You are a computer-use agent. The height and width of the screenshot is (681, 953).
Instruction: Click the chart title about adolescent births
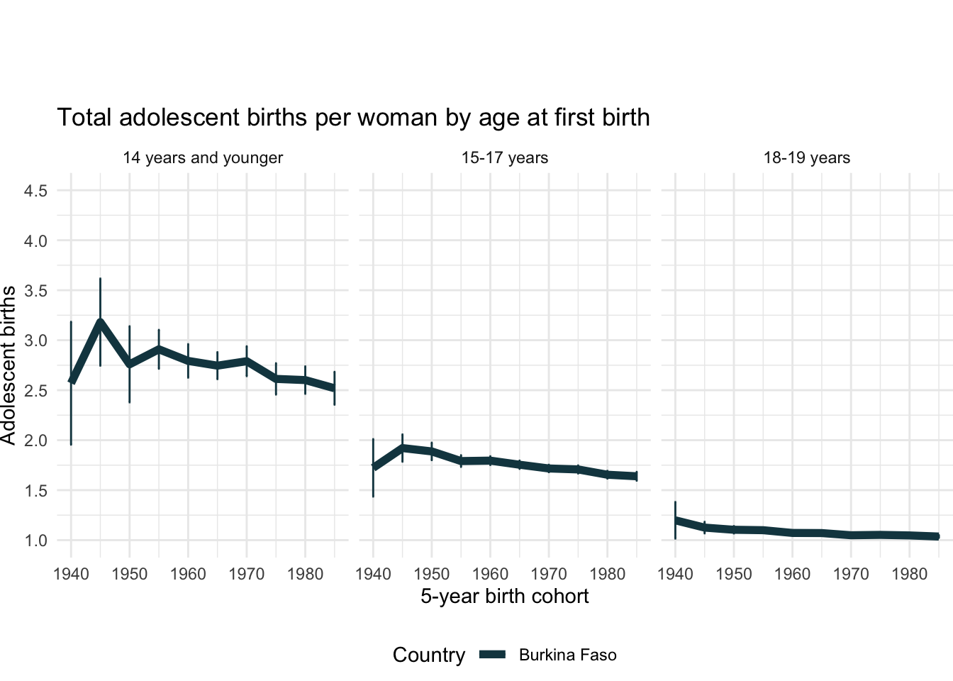pyautogui.click(x=353, y=117)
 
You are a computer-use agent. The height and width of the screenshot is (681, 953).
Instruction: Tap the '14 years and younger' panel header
pyautogui.click(x=203, y=157)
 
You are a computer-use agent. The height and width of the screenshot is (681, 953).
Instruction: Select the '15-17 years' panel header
pyautogui.click(x=505, y=157)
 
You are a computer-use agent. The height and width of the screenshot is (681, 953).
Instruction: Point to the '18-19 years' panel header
pyautogui.click(x=807, y=157)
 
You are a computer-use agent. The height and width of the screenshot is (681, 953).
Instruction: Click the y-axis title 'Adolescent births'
pyautogui.click(x=9, y=365)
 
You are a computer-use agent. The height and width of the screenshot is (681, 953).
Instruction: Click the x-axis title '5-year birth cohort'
pyautogui.click(x=505, y=596)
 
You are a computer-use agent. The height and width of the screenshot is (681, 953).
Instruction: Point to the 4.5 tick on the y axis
pyautogui.click(x=35, y=191)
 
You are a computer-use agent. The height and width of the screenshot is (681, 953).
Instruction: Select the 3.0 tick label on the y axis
pyautogui.click(x=35, y=340)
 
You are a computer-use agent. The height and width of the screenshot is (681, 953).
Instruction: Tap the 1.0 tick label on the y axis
pyautogui.click(x=35, y=541)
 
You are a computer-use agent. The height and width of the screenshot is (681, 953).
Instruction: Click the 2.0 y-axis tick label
pyautogui.click(x=35, y=441)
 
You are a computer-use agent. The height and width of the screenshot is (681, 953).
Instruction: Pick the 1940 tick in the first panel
pyautogui.click(x=71, y=573)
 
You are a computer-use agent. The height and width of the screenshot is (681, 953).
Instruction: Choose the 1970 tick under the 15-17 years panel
pyautogui.click(x=549, y=573)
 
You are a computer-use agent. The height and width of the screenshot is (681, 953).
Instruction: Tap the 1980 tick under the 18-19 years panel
pyautogui.click(x=909, y=573)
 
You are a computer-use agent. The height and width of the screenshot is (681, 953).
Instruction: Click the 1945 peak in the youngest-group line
pyautogui.click(x=100, y=323)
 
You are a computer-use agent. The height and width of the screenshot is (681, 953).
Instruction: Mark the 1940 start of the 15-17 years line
pyautogui.click(x=374, y=467)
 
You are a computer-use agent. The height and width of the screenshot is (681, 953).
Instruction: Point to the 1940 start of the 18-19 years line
pyautogui.click(x=676, y=521)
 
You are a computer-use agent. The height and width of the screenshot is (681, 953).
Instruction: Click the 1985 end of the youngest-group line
pyautogui.click(x=334, y=388)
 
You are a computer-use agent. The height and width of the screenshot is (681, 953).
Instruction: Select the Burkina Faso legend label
pyautogui.click(x=567, y=655)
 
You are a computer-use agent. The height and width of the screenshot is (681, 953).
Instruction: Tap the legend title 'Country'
pyautogui.click(x=429, y=655)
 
